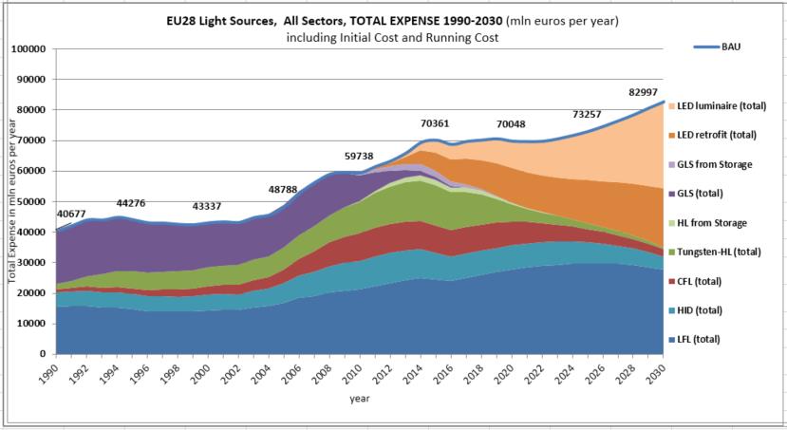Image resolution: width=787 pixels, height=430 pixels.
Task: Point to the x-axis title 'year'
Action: [x=360, y=400]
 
